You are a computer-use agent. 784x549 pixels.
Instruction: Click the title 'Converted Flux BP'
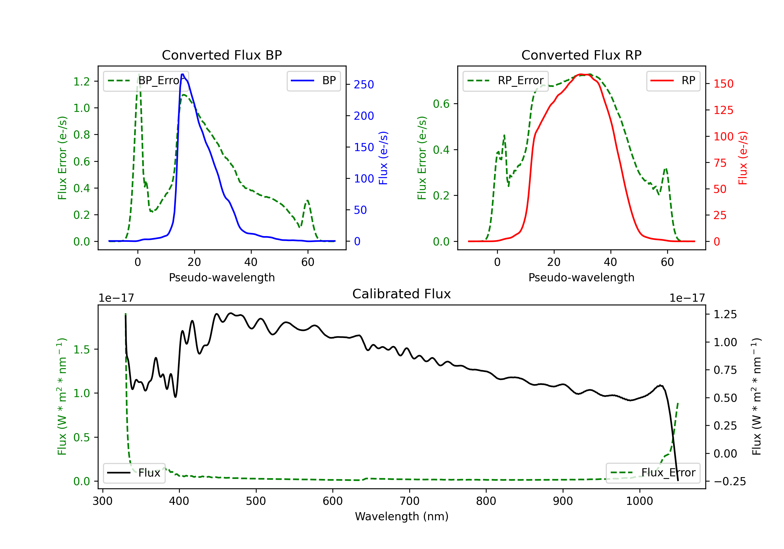click(222, 55)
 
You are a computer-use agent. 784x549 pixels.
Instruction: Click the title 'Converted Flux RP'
click(581, 55)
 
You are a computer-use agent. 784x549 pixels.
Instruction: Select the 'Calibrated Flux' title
click(402, 294)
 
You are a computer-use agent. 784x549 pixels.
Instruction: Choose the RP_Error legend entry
click(506, 81)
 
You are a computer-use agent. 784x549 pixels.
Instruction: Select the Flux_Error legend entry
click(653, 473)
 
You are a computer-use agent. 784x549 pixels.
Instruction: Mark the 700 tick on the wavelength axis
click(410, 501)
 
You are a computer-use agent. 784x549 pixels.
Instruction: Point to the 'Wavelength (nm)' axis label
click(402, 516)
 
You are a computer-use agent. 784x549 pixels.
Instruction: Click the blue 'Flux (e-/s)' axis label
click(383, 158)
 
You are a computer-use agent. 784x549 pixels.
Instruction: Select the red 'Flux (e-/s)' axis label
click(743, 158)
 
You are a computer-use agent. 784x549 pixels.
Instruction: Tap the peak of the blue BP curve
click(183, 74)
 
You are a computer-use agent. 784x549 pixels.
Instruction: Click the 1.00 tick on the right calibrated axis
click(725, 342)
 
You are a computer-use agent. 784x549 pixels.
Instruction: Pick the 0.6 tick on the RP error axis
click(441, 104)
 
